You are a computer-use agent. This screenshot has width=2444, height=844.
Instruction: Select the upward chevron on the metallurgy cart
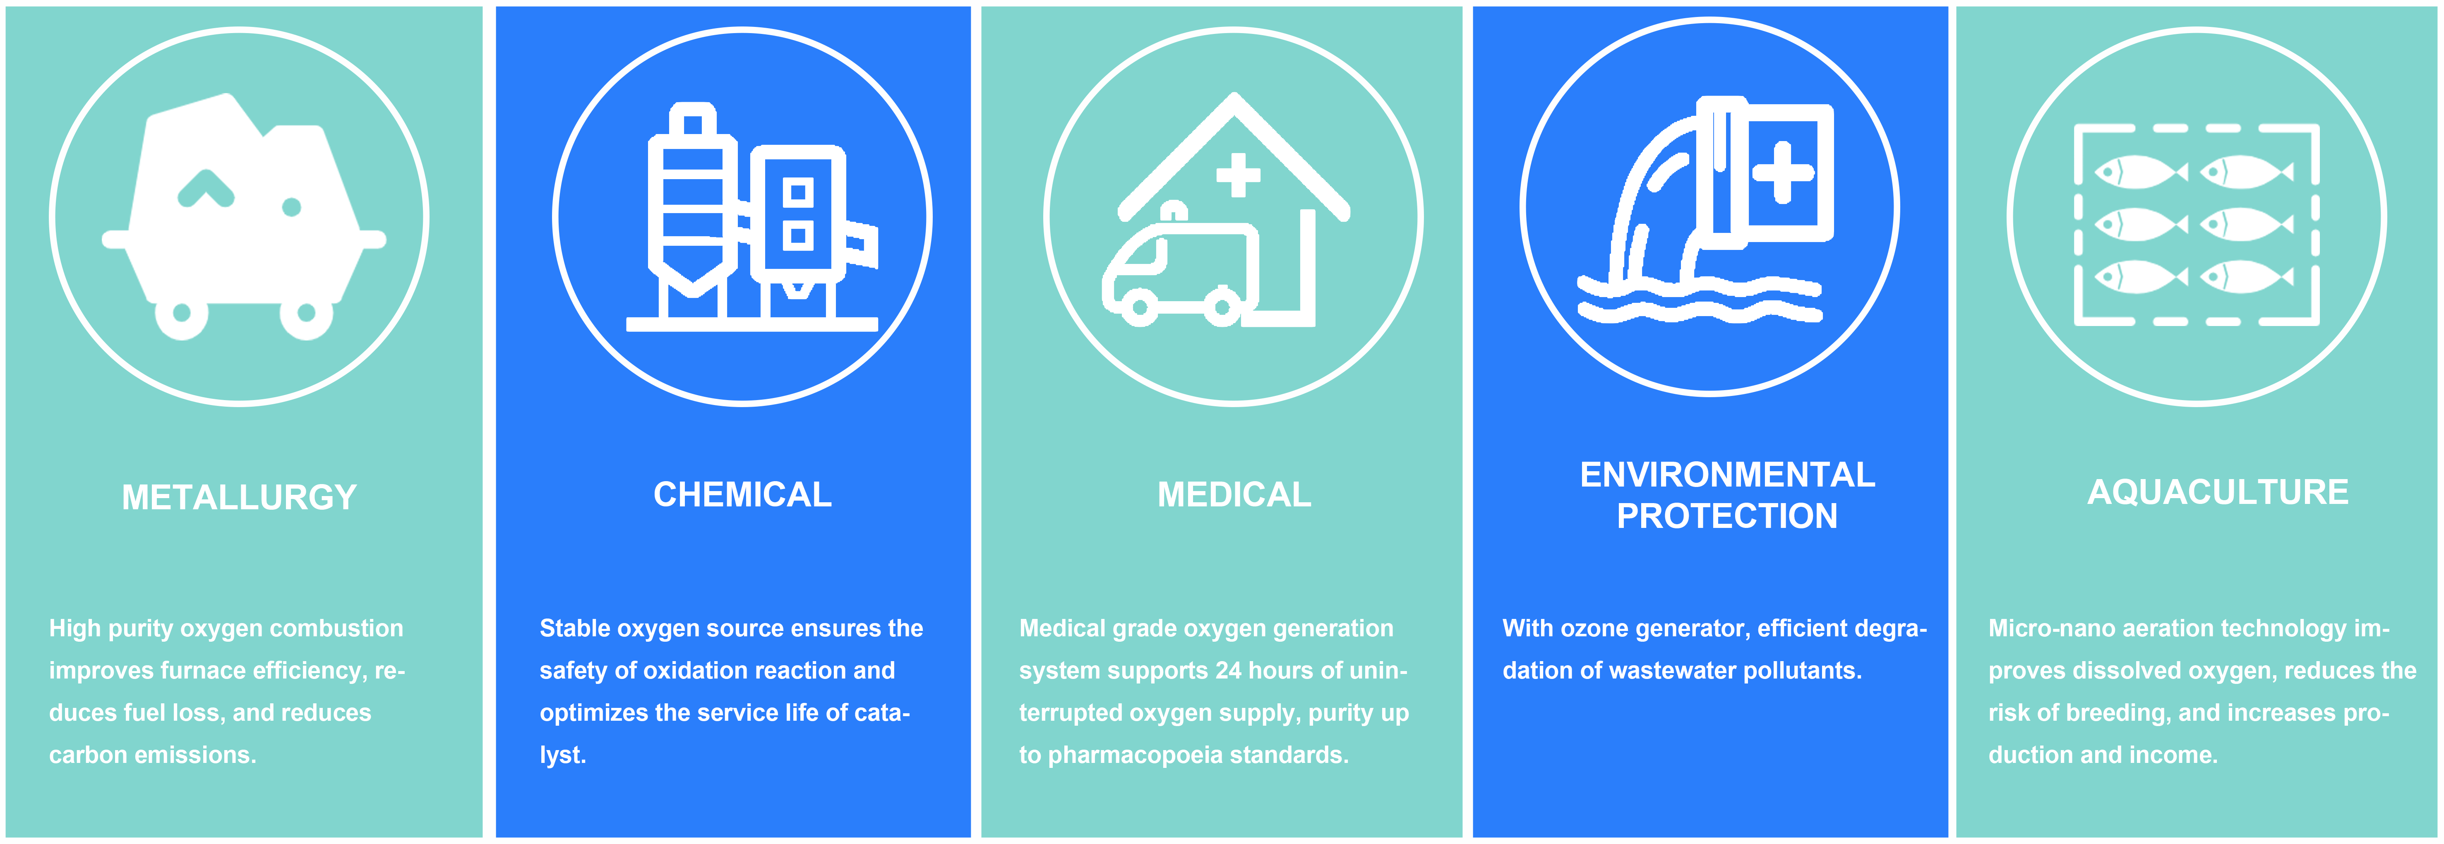(206, 188)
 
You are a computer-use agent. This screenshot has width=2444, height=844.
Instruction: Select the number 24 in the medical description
(1229, 671)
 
